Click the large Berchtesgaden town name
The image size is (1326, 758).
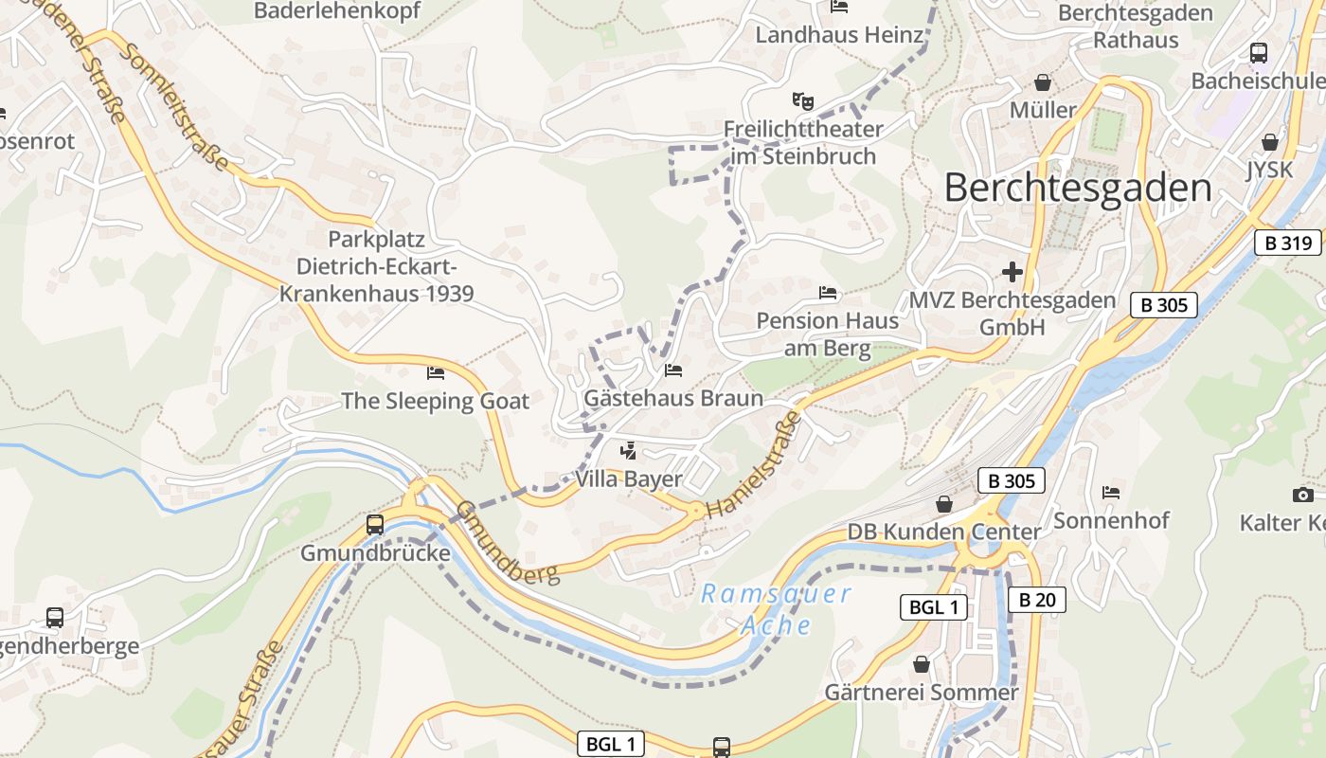1078,189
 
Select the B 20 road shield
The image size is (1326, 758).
1037,600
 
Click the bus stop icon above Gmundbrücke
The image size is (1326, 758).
375,524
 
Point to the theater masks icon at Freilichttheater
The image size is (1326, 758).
802,99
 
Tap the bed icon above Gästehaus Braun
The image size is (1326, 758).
672,370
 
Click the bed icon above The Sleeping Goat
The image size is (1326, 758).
436,372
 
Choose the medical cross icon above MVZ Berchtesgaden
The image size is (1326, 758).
1012,273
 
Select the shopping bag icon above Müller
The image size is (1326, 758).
1043,82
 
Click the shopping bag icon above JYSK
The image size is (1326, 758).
1270,142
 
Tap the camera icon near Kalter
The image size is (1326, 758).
1303,495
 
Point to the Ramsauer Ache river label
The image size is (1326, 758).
776,609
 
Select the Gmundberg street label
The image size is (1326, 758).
508,543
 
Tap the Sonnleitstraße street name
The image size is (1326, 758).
176,106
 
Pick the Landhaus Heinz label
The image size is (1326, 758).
838,36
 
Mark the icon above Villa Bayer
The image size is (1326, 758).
627,451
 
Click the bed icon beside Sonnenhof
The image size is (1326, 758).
1111,493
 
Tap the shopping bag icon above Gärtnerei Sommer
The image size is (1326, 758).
921,664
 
